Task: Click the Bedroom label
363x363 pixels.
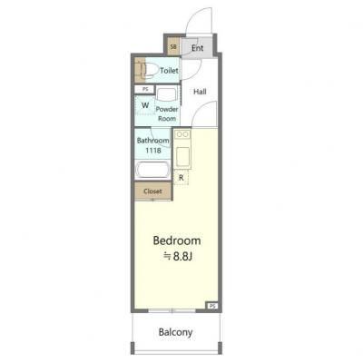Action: coord(177,240)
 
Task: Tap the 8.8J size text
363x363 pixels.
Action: coord(182,257)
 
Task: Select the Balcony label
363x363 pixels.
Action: coord(175,332)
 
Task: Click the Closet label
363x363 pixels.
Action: coord(152,191)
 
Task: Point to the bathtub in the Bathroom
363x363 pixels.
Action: coord(152,170)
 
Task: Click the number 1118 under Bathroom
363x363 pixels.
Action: coord(153,150)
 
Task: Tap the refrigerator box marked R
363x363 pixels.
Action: coord(181,178)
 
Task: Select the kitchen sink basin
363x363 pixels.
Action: coord(182,156)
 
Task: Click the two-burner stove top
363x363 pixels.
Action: coord(182,134)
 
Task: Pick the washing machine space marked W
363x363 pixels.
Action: coord(145,105)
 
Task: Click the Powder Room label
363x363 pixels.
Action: coord(167,113)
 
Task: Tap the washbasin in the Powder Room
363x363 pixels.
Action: coord(166,93)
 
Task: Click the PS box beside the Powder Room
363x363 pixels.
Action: coord(145,89)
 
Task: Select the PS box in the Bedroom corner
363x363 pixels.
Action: coord(212,306)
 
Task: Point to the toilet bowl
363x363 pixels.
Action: coord(152,71)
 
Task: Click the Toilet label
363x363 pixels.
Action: coord(169,71)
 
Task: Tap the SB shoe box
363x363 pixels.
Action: coord(173,46)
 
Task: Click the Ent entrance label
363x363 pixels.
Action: coord(198,48)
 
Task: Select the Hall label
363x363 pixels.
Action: coord(200,92)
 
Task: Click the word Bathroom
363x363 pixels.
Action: coord(152,141)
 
